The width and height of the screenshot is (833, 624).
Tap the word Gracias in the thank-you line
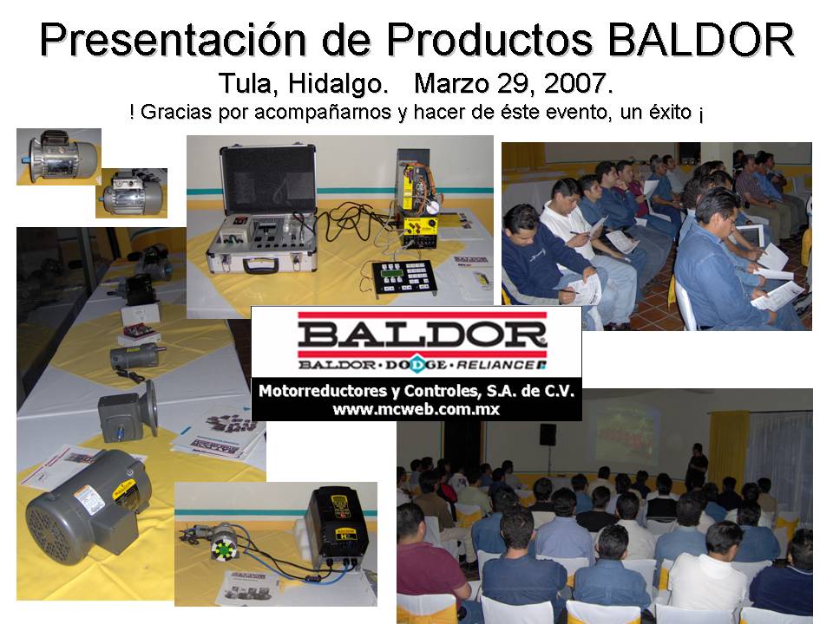[174, 113]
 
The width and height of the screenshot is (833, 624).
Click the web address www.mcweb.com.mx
[416, 409]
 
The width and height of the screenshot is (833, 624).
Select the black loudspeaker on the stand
[548, 433]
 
